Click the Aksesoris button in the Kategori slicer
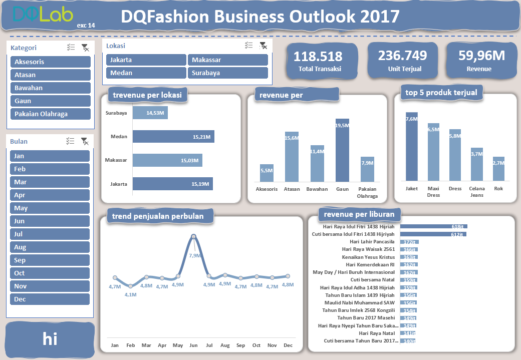point(50,62)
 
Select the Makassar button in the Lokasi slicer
point(227,60)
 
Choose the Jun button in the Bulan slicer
point(50,221)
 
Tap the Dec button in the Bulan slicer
point(50,299)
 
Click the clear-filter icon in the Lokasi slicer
point(263,46)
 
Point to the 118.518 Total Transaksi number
point(318,57)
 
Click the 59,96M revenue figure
point(481,56)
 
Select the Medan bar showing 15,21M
point(173,137)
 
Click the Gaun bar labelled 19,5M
point(342,150)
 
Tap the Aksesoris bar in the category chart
point(267,173)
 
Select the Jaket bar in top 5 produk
point(411,146)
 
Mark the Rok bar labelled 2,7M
point(498,169)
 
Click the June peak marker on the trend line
point(194,237)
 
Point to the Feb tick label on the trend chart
point(130,345)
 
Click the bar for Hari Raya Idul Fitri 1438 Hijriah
point(433,226)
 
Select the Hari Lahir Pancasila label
point(372,242)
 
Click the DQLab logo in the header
point(43,15)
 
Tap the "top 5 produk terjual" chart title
point(441,93)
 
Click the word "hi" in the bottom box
point(50,339)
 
